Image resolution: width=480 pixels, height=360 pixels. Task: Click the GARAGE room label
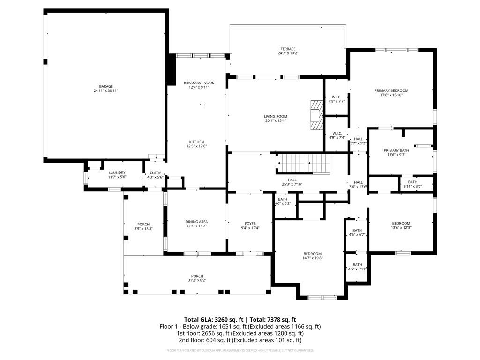pos(105,86)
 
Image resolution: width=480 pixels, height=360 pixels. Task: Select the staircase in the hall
pos(304,164)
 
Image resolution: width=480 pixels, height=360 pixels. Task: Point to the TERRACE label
pos(288,49)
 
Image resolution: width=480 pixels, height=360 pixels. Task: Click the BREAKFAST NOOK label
pos(199,83)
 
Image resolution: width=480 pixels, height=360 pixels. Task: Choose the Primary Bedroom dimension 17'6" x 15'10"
pos(391,95)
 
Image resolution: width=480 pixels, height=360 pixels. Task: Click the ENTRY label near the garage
pos(155,172)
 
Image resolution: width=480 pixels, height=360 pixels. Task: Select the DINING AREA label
pos(196,222)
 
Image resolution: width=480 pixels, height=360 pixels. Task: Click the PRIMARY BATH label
pos(396,150)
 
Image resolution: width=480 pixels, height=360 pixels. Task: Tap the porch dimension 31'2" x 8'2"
pos(197,280)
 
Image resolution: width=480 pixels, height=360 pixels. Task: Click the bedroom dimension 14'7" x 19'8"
pos(312,258)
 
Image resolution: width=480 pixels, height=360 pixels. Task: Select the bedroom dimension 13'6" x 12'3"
pos(401,228)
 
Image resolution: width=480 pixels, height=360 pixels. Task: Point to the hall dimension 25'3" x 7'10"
pos(292,184)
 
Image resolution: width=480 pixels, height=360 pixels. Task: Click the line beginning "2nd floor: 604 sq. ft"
pos(240,340)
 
